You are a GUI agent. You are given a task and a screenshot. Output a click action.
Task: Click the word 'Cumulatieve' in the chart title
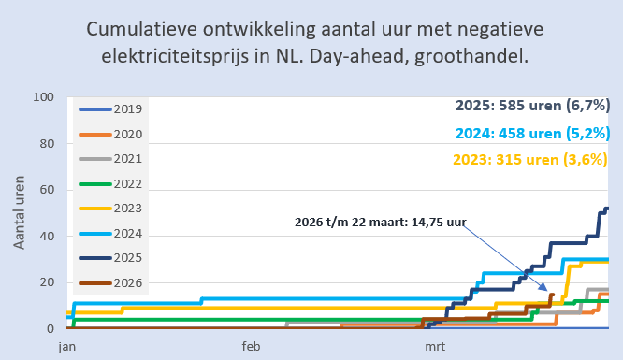(x=141, y=30)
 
